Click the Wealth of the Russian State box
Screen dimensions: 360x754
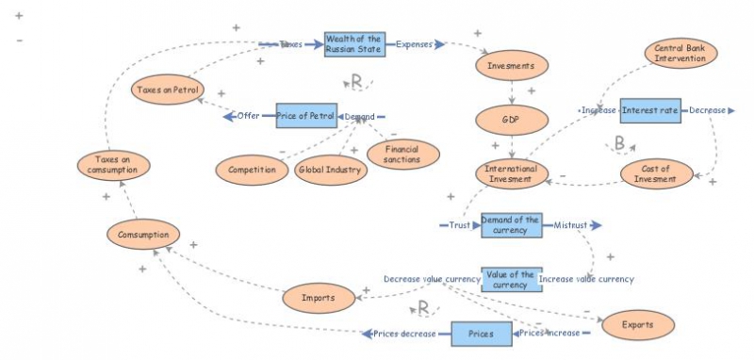click(x=354, y=44)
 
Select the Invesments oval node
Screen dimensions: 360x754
click(x=512, y=68)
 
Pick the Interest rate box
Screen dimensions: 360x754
click(x=650, y=111)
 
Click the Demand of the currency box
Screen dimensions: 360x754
click(x=511, y=225)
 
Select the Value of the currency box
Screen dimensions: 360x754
click(x=509, y=280)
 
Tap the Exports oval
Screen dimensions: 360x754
click(x=638, y=325)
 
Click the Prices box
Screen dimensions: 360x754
click(x=481, y=334)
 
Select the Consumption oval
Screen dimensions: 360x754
click(x=143, y=234)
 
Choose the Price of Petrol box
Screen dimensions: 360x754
click(x=306, y=116)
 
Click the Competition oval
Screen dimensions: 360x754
click(x=252, y=171)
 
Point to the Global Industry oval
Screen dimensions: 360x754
click(x=330, y=171)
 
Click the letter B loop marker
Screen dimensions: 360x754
click(x=619, y=144)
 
